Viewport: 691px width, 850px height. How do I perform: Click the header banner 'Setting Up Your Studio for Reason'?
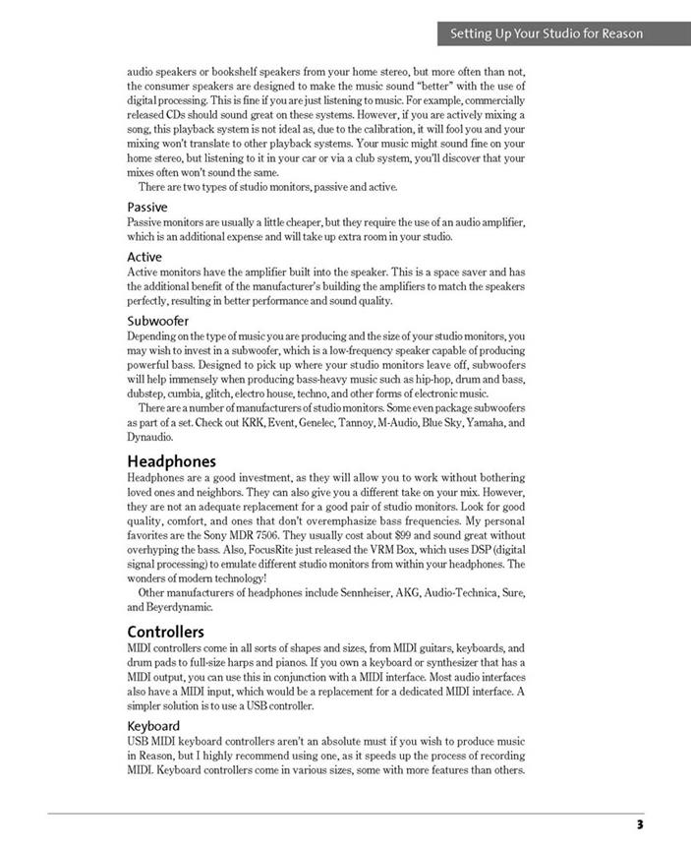[x=547, y=33]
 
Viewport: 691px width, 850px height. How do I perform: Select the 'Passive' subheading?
[x=147, y=208]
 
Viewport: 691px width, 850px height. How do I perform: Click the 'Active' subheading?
[x=144, y=258]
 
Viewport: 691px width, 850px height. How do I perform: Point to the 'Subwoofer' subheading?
[x=158, y=321]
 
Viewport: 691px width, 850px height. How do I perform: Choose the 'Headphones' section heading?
[x=172, y=460]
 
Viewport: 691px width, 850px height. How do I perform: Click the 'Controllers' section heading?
[x=166, y=631]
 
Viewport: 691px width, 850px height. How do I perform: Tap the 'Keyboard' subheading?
[x=153, y=726]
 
